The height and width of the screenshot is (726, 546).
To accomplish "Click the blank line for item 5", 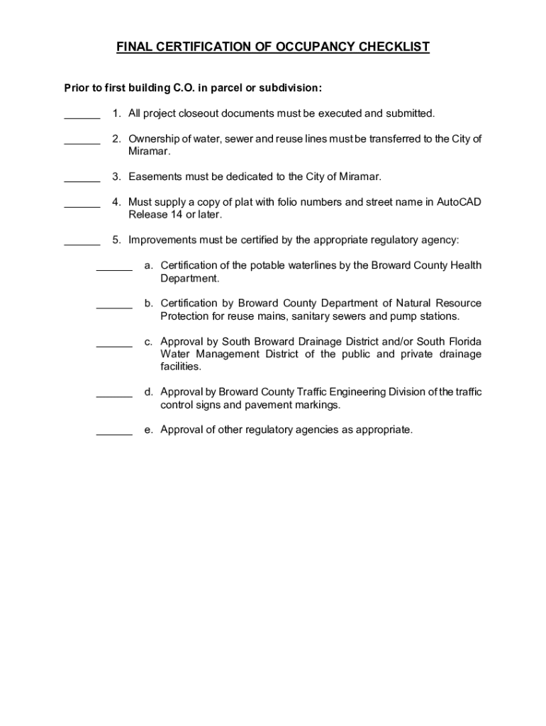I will (82, 243).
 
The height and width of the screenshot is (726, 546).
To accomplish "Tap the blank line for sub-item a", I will (114, 269).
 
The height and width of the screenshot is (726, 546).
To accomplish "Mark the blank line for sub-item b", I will (114, 307).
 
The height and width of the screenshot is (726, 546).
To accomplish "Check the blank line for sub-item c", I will (114, 345).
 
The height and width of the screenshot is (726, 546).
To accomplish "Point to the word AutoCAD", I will (459, 202).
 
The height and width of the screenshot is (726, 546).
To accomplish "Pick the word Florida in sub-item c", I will (463, 342).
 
